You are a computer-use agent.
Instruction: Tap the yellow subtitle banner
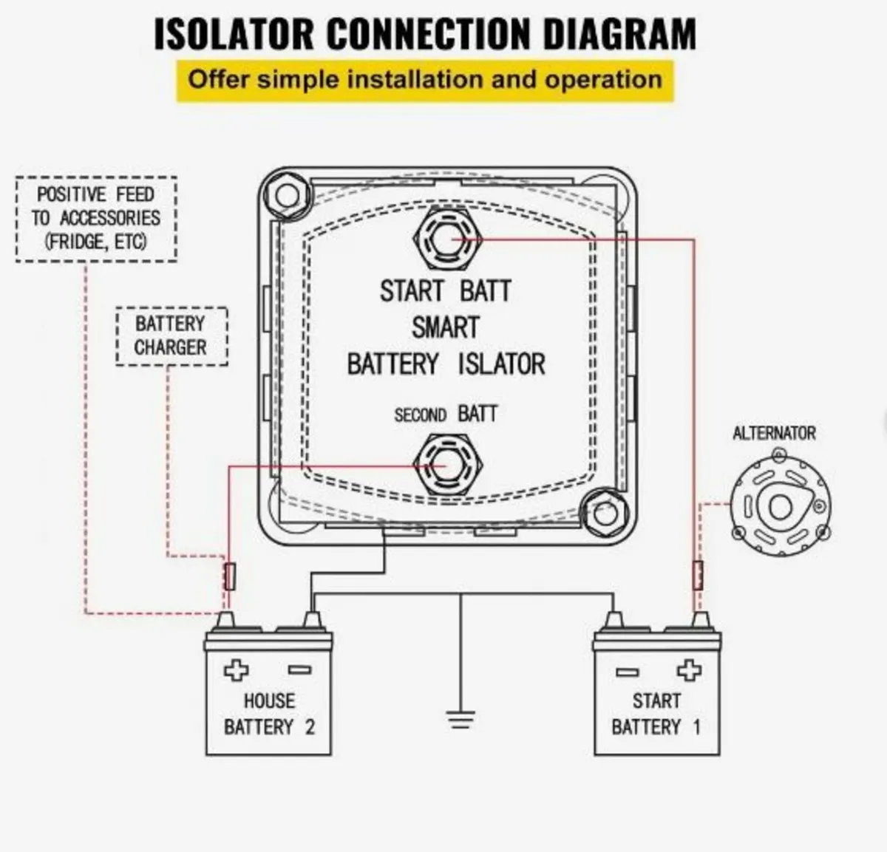click(425, 80)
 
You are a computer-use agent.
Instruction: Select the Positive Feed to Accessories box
click(96, 219)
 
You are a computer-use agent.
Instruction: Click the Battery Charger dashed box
click(171, 336)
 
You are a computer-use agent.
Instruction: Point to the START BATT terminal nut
click(449, 239)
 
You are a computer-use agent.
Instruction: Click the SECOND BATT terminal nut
click(448, 466)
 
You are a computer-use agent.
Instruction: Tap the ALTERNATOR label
click(774, 433)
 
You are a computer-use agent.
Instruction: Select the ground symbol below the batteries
click(461, 718)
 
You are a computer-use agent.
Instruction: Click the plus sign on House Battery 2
click(237, 671)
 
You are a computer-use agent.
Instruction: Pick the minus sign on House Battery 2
click(299, 671)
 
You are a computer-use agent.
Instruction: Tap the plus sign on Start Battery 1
click(688, 671)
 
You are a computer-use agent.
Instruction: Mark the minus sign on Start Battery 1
click(627, 672)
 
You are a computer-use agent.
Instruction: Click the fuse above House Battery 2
click(230, 576)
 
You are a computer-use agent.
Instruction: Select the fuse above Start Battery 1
click(697, 575)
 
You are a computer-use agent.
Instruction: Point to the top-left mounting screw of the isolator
click(286, 195)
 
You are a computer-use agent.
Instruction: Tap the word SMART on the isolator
click(445, 327)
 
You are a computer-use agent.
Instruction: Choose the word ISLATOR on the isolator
click(501, 364)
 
